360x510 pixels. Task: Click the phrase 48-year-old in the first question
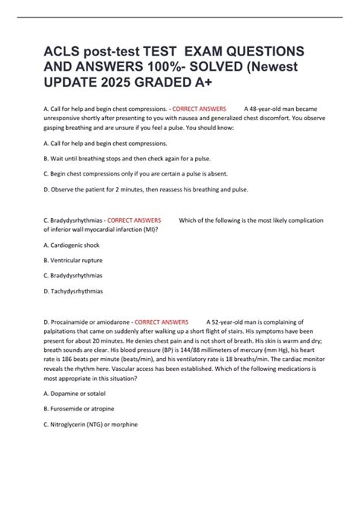click(267, 109)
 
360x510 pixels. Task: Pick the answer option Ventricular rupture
click(80, 260)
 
